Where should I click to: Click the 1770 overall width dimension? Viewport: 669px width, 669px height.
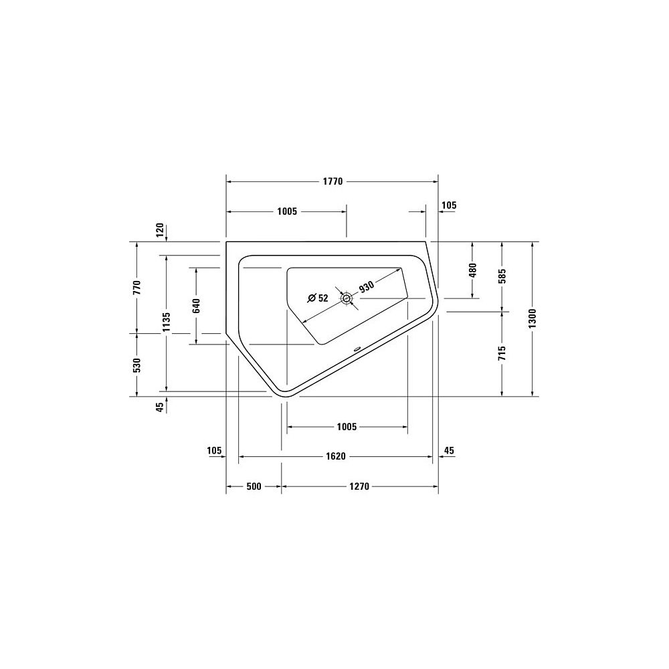point(332,182)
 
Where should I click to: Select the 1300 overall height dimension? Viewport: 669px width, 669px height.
point(532,318)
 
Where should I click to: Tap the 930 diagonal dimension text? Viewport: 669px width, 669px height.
point(366,287)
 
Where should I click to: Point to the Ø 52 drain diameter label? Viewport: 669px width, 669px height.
point(318,298)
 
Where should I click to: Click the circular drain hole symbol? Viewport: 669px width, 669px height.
point(346,298)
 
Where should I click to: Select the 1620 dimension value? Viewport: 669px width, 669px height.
point(336,456)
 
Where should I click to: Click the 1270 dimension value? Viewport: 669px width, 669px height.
point(359,486)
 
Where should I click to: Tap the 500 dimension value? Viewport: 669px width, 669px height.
point(254,486)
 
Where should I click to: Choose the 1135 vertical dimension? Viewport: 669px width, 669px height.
point(167,322)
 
